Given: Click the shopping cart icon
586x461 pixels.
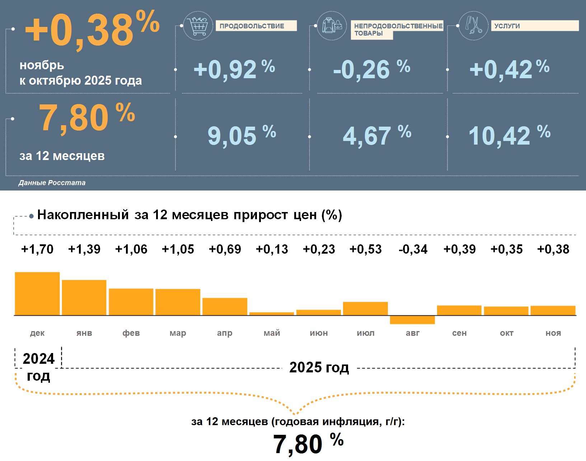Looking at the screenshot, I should [198, 25].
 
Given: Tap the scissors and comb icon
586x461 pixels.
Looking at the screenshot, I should [474, 25].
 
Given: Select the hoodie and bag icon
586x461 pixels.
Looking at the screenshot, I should [332, 25].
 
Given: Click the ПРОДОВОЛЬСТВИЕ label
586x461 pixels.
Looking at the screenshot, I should [256, 26].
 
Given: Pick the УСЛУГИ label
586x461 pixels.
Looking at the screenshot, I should [534, 26].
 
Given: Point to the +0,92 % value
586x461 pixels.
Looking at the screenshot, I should [234, 69].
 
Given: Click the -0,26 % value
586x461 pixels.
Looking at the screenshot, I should [371, 69].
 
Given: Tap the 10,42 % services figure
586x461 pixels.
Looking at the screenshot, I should [509, 136].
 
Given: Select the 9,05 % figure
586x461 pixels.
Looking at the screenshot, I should [242, 136].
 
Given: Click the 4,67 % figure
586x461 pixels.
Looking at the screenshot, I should [377, 136].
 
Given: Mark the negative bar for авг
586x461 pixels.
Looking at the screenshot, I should [412, 320].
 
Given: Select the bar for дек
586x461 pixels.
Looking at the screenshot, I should [37, 294].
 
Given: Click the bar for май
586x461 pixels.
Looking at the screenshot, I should [272, 314].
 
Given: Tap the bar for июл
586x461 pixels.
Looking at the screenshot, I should [365, 309].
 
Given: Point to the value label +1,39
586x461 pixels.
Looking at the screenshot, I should [84, 249].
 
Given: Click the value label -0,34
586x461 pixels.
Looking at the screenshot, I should [413, 249].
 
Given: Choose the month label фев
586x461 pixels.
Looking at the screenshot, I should [131, 333].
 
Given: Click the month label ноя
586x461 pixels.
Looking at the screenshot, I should [553, 333].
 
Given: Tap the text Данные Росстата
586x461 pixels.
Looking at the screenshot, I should [52, 183].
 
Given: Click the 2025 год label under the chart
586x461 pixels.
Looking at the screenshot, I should [319, 367].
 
